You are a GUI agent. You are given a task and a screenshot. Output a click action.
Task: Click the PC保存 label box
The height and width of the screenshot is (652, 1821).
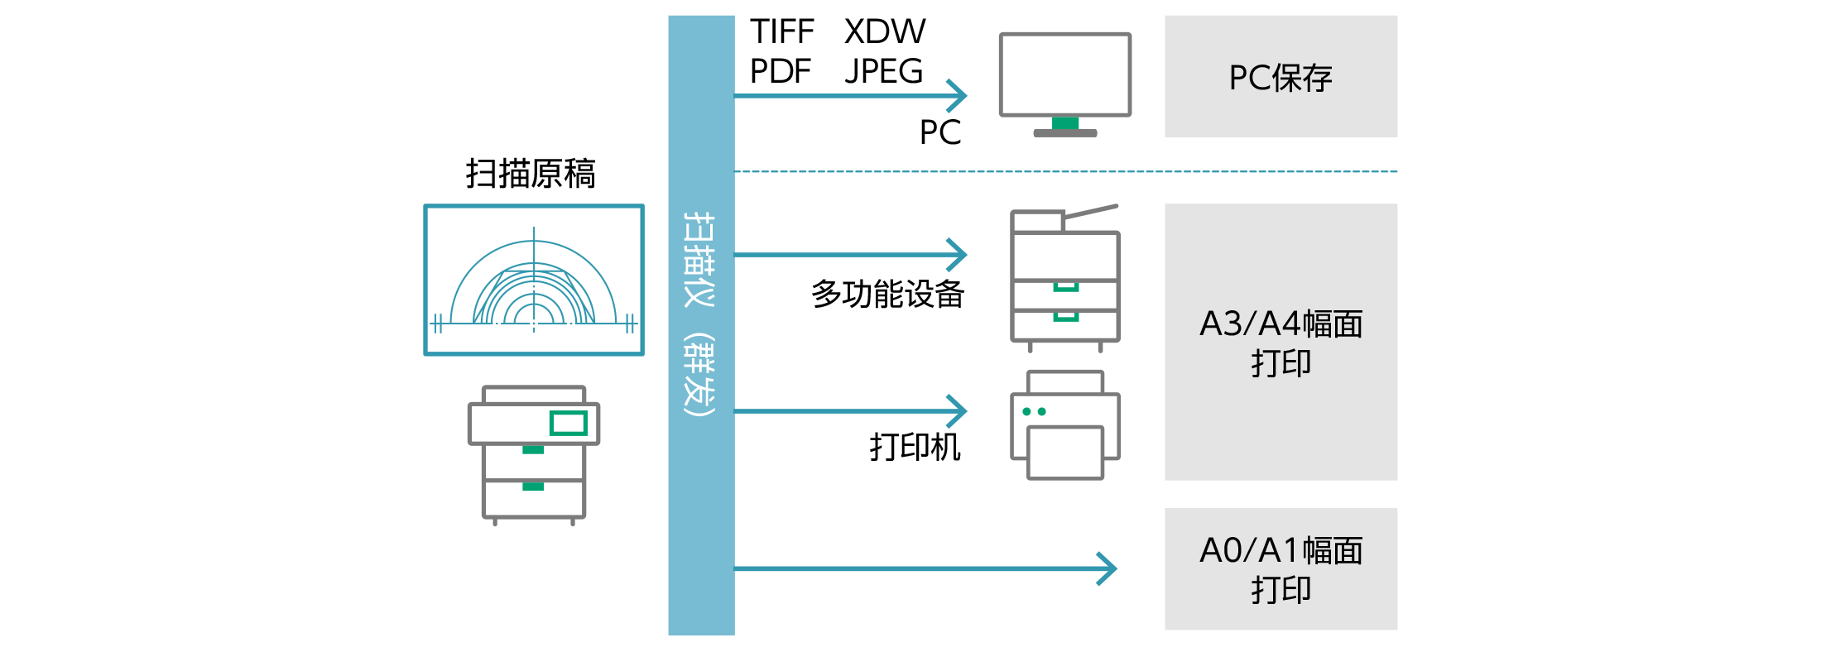pyautogui.click(x=1280, y=76)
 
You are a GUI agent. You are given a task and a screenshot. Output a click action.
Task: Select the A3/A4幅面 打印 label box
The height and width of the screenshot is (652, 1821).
pyautogui.click(x=1280, y=342)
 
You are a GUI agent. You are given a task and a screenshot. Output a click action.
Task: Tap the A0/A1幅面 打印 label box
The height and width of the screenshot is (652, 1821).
pyautogui.click(x=1280, y=569)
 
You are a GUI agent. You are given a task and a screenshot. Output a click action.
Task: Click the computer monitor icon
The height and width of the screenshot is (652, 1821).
pyautogui.click(x=1064, y=76)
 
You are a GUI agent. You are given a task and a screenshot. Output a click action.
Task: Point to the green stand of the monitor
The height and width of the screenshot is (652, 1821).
pyautogui.click(x=1065, y=123)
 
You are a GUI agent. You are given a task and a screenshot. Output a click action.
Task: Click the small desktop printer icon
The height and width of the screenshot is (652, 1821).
pyautogui.click(x=1065, y=425)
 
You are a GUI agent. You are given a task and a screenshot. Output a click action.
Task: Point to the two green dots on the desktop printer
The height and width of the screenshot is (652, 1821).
pyautogui.click(x=1034, y=411)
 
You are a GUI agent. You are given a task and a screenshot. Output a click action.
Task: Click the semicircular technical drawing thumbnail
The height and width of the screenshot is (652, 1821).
pyautogui.click(x=534, y=280)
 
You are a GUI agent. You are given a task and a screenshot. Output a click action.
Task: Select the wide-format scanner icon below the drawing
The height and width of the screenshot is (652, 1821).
pyautogui.click(x=534, y=453)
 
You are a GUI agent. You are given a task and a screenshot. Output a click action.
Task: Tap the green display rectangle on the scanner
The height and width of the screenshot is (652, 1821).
pyautogui.click(x=568, y=423)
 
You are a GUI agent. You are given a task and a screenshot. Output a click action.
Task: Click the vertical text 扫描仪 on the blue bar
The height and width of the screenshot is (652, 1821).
pyautogui.click(x=700, y=258)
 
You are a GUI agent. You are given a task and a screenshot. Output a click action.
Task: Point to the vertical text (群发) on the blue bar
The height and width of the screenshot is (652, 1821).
pyautogui.click(x=700, y=375)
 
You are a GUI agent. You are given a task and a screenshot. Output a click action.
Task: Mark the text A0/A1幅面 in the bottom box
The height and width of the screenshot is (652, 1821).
pyautogui.click(x=1280, y=550)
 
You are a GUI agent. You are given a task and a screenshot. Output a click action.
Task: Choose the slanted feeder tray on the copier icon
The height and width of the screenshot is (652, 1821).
pyautogui.click(x=1091, y=212)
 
